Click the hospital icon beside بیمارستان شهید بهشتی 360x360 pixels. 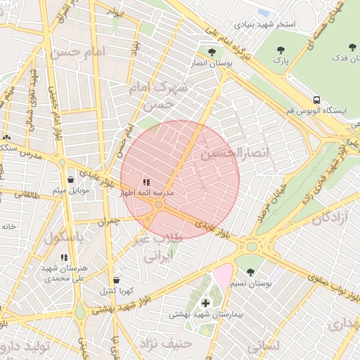(x=205, y=303)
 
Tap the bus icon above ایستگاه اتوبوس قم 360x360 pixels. (x=317, y=100)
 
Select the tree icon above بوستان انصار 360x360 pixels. (x=212, y=51)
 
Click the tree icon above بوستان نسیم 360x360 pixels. (x=250, y=272)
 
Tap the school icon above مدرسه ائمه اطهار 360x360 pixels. (x=146, y=182)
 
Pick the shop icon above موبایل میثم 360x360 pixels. (x=70, y=180)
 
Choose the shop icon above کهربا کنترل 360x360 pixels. (x=116, y=280)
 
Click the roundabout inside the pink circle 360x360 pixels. (x=160, y=205)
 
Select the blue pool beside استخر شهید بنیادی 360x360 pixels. (x=264, y=12)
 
